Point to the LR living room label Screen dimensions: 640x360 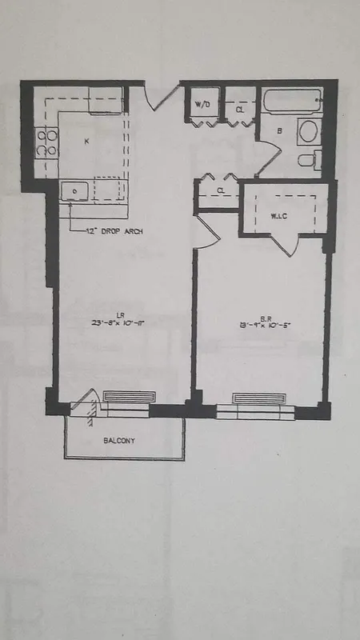point(118,315)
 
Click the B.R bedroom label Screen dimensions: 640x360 point(258,316)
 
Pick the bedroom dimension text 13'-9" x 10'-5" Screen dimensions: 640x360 point(258,324)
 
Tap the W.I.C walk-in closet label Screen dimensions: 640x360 point(279,216)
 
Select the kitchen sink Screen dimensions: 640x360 point(74,192)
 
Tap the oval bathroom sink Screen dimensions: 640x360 point(307,131)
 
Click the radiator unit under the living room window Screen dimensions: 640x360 point(129,397)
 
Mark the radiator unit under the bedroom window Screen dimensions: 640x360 point(258,398)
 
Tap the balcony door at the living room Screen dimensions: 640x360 point(86,405)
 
